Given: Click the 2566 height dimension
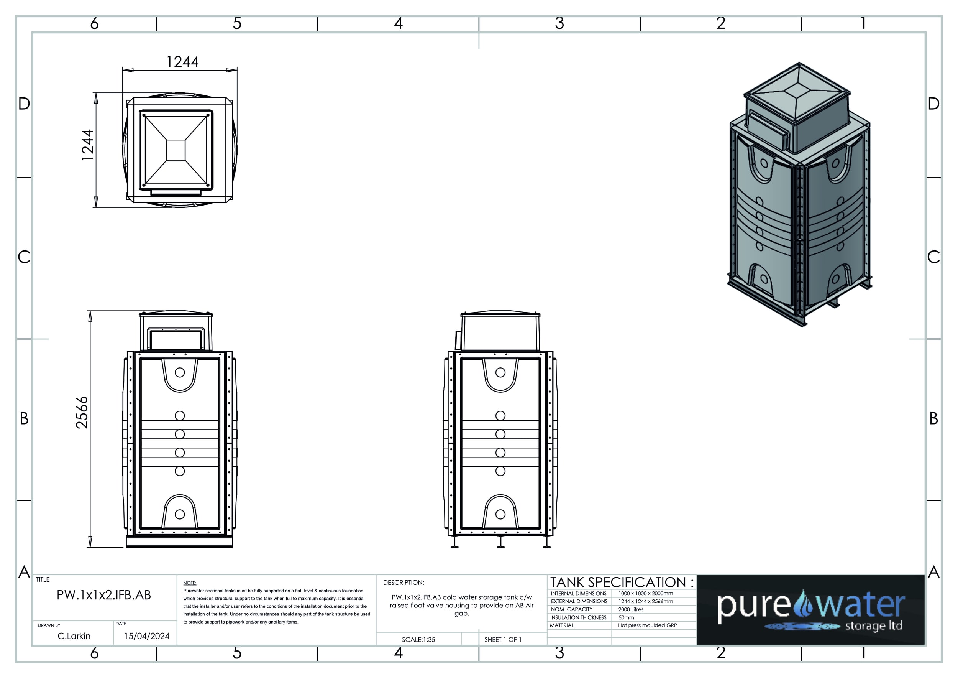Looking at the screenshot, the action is coord(82,413).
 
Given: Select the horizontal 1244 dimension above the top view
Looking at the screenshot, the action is coord(182,62).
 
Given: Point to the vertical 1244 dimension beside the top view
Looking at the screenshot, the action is coord(88,145).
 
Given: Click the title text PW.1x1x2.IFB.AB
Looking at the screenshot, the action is coord(104,595).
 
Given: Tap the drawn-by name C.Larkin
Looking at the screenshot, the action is coord(74,636).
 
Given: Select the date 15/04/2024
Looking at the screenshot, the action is coord(147,636).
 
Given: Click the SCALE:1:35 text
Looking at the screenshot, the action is coord(418,640).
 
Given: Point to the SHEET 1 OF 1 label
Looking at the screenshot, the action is coord(503,640).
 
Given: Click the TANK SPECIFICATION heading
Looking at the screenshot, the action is coord(622,582).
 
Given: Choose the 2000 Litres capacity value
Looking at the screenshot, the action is coord(631,609).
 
